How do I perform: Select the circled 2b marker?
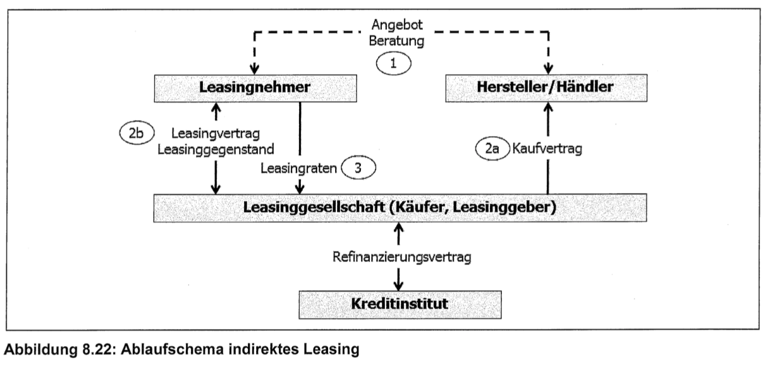[135, 133]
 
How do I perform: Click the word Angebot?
[397, 26]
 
